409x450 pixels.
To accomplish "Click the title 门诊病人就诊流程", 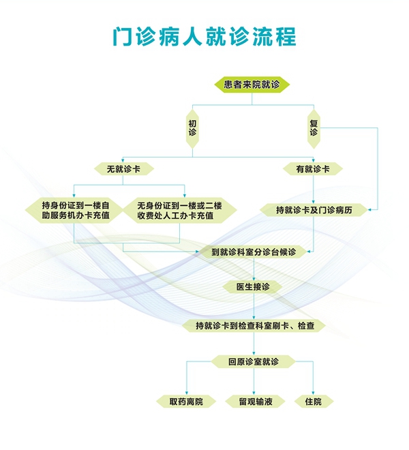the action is (x=204, y=36).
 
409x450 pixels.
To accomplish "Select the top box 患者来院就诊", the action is (x=252, y=85).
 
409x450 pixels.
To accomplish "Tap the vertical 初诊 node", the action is (x=192, y=128).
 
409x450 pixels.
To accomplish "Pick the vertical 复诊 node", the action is (x=314, y=128).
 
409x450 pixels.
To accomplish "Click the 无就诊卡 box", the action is (x=123, y=169).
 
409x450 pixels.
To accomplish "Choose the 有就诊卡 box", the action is (x=313, y=169).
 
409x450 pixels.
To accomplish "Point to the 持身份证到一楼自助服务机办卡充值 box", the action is (x=74, y=210).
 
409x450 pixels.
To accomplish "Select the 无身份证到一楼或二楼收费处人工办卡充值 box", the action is (x=180, y=210).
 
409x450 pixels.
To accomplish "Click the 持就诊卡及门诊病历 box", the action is (x=314, y=210).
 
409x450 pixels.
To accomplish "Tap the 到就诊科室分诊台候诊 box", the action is (x=254, y=252).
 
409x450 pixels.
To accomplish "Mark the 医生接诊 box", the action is (x=253, y=286).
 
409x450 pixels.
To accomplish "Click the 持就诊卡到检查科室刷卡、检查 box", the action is (x=254, y=326).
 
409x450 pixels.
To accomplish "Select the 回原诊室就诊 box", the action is (x=254, y=361).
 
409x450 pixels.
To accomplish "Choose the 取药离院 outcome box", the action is (x=186, y=401).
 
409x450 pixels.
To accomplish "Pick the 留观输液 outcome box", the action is (x=255, y=401).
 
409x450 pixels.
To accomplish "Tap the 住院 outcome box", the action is (x=314, y=401).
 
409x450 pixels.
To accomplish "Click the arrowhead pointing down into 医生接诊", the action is (x=254, y=279).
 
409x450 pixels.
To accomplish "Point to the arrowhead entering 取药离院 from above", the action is (x=187, y=393).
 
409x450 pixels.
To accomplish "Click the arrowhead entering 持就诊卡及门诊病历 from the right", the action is (x=370, y=210).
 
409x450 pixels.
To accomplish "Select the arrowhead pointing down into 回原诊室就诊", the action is (x=254, y=354).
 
